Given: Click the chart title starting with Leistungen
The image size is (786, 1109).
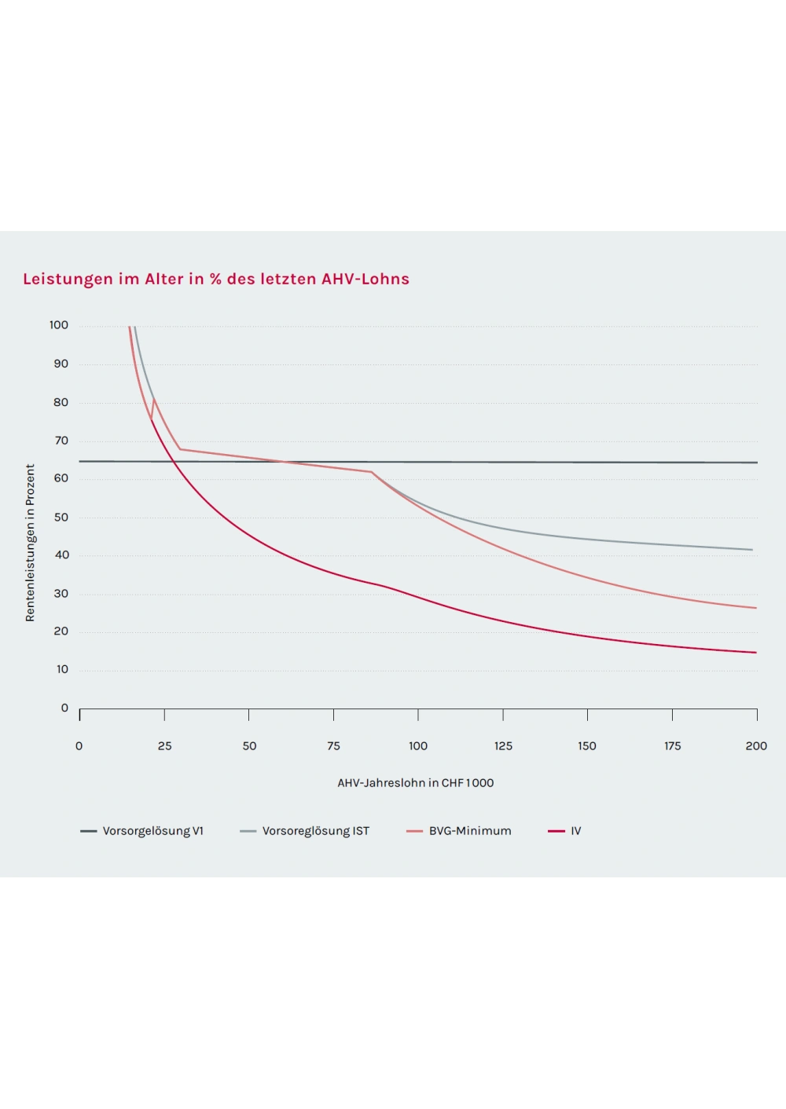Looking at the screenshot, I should (x=216, y=279).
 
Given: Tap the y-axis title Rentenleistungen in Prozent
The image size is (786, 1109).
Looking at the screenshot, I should (x=30, y=543).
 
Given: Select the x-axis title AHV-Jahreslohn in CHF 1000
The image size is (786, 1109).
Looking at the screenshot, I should (x=416, y=783).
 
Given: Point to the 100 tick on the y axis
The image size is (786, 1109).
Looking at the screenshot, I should (x=59, y=325).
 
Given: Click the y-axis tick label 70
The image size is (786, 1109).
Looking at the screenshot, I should (x=61, y=441).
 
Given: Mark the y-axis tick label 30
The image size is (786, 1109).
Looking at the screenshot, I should (x=61, y=594).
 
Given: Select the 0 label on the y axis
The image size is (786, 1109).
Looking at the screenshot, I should (x=64, y=708).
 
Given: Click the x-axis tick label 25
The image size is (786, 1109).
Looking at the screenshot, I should (x=164, y=746).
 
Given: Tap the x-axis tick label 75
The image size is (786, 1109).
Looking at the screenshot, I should (x=333, y=746).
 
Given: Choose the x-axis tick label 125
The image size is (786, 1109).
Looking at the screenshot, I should (x=503, y=746).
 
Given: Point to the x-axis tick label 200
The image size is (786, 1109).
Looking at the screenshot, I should (x=756, y=746).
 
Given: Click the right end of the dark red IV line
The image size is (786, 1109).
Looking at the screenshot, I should (x=755, y=652).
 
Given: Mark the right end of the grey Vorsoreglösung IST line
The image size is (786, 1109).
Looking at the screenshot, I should (x=752, y=550).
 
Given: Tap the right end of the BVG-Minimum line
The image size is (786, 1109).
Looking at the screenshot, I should (x=755, y=608).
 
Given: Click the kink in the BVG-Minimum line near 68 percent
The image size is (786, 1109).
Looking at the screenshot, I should (x=180, y=449).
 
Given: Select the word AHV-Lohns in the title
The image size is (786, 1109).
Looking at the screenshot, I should (x=365, y=279).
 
